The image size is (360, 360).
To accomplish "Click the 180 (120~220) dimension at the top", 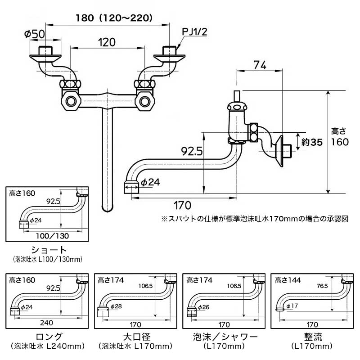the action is click(x=114, y=18).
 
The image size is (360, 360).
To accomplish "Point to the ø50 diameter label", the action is click(x=35, y=34).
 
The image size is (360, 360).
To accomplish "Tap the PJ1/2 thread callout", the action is click(x=194, y=31).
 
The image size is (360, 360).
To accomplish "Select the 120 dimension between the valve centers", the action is click(x=107, y=42).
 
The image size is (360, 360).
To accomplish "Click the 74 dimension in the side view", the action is click(x=260, y=65).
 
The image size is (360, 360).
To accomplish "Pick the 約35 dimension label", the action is click(x=312, y=142).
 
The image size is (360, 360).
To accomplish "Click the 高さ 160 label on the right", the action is click(x=340, y=137).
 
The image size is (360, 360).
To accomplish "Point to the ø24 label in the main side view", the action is click(x=150, y=182).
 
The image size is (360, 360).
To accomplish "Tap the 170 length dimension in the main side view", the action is click(x=182, y=205).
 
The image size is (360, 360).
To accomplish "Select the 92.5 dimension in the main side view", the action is click(x=192, y=151).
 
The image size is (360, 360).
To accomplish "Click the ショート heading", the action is click(x=49, y=250).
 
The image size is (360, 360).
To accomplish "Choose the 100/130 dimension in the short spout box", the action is click(x=53, y=236).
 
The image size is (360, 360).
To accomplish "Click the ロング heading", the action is click(x=49, y=337).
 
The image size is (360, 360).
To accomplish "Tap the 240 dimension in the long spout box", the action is click(x=46, y=323).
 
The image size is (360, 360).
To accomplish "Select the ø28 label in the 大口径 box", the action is click(x=116, y=306).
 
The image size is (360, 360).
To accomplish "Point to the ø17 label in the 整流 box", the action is click(x=292, y=306).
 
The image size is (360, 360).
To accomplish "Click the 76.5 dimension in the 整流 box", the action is click(x=322, y=286).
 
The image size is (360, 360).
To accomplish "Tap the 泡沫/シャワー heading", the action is click(x=225, y=337).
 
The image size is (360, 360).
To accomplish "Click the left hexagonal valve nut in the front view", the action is click(x=71, y=101).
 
